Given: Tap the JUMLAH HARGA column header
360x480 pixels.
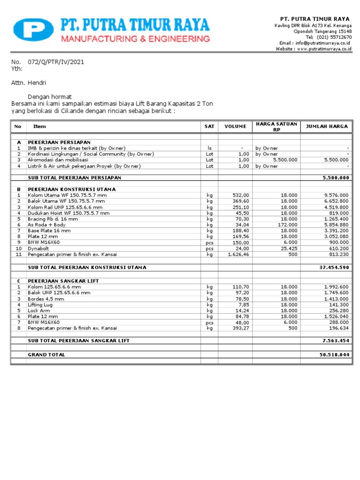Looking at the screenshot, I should coord(327,127).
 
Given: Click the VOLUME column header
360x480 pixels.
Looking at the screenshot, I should coord(235,127).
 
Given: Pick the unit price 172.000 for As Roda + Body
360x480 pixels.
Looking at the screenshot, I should coord(287,225).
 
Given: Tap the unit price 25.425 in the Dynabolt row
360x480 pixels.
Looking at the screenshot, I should coord(289,248).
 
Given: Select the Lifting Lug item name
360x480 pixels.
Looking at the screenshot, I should coord(40,305).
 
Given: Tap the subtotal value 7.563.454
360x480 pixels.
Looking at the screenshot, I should coord(335,340).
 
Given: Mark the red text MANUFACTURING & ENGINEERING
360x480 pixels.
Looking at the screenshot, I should coord(137,38).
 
